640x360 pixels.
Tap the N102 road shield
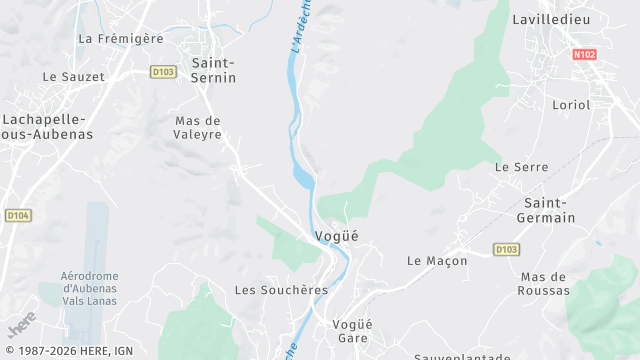pyautogui.click(x=585, y=53)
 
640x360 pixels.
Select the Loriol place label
pyautogui.click(x=571, y=104)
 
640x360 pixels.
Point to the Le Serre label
pyautogui.click(x=521, y=167)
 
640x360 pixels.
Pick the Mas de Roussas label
pyautogui.click(x=545, y=283)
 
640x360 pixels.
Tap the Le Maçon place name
pyautogui.click(x=437, y=260)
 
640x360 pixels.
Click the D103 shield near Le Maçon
pyautogui.click(x=506, y=249)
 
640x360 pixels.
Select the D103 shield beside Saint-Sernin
pyautogui.click(x=164, y=71)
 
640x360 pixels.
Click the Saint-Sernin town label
pyautogui.click(x=213, y=68)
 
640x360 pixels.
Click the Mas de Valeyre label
pyautogui.click(x=197, y=127)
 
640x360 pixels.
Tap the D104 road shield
pyautogui.click(x=17, y=215)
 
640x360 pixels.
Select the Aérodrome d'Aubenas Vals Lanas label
pyautogui.click(x=90, y=288)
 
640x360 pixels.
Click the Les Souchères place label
pyautogui.click(x=281, y=290)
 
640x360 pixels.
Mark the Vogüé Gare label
pyautogui.click(x=351, y=331)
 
